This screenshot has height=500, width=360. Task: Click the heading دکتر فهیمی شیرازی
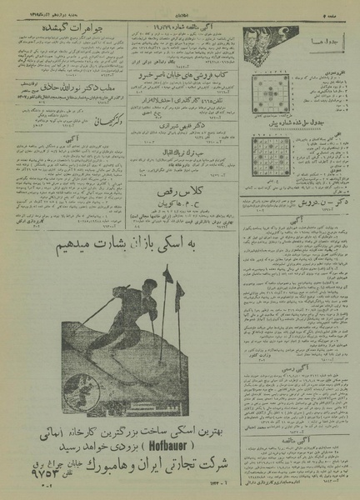pos(180,128)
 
